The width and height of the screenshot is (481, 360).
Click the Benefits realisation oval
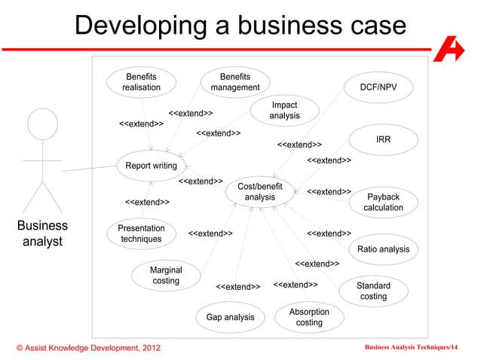point(142,82)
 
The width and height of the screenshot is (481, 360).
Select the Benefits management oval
point(235,82)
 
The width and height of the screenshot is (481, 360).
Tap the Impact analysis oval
point(284,111)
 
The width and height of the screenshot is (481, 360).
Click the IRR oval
point(383,140)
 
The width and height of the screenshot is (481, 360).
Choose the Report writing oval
point(151,166)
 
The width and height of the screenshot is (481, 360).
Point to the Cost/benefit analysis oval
point(260,192)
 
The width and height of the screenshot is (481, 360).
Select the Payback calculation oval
point(383,203)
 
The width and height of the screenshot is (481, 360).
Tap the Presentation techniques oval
point(142,233)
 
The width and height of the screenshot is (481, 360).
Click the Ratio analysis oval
point(383,249)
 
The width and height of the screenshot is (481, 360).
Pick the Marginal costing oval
point(166,276)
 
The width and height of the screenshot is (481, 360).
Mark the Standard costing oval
point(373,291)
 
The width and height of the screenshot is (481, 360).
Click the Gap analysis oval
point(230,317)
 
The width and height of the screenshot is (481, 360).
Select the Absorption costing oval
point(309,317)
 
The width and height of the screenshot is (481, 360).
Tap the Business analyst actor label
point(42,233)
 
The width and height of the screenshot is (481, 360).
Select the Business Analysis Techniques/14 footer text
point(411,347)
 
